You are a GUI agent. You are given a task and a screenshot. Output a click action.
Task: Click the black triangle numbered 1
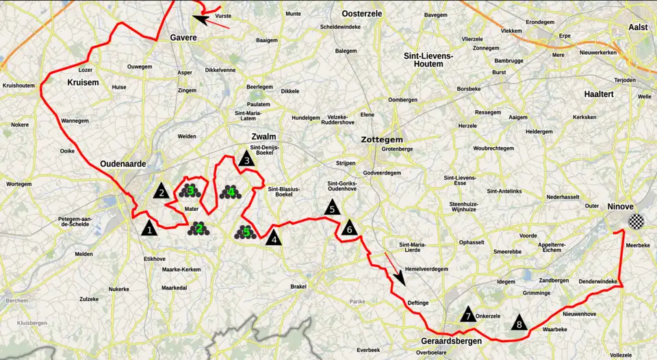coord(149,228)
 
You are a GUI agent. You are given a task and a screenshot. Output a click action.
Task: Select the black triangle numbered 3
coord(246,159)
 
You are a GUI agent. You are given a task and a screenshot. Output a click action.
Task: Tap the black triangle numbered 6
coord(350,228)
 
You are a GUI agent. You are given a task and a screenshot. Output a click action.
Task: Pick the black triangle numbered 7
coord(467,315)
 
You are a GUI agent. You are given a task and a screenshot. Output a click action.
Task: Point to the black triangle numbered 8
coord(519,322)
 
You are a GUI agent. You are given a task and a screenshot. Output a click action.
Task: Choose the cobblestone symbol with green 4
coord(231,192)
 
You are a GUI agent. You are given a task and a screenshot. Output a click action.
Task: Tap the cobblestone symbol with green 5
coord(245,233)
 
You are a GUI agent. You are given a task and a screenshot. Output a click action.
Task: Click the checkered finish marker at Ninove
coord(636,221)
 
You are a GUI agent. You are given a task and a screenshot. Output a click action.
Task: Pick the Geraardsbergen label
coord(451,340)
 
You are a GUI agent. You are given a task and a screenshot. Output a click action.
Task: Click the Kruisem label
coord(83,82)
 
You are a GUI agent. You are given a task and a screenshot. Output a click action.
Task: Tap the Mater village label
coord(191,209)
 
